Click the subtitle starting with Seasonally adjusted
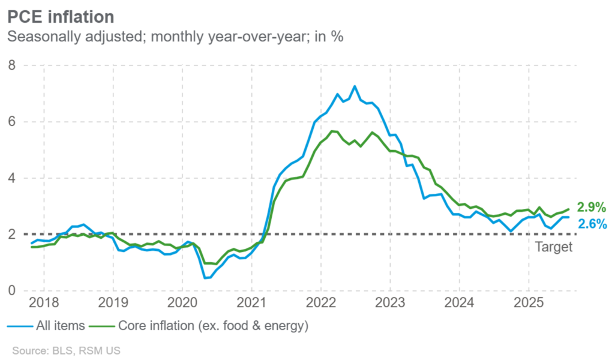click(x=175, y=37)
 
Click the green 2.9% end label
click(x=592, y=208)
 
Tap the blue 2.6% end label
click(x=592, y=224)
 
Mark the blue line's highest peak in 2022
click(x=355, y=86)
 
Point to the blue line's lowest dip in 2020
click(x=205, y=278)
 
